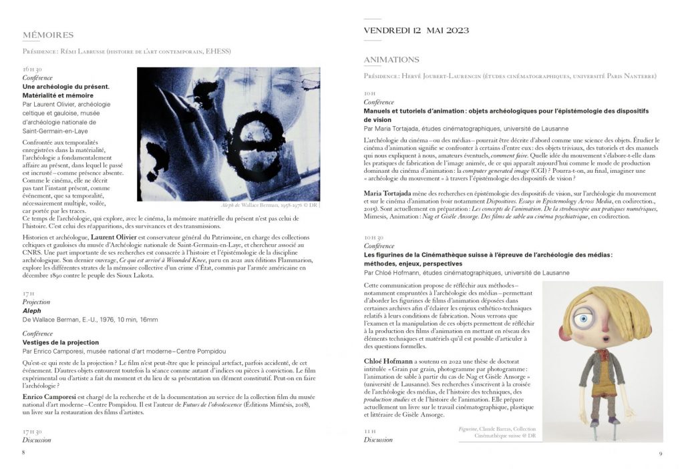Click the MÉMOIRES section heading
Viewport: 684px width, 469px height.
click(48, 35)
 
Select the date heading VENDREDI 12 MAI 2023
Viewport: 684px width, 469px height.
click(416, 31)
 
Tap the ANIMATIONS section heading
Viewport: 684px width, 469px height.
click(391, 60)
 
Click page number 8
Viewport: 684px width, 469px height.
click(23, 452)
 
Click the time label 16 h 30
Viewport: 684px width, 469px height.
click(31, 69)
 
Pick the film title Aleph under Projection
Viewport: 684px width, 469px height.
click(32, 311)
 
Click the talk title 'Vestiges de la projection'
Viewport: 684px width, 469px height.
click(61, 342)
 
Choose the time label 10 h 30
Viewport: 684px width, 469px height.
click(373, 237)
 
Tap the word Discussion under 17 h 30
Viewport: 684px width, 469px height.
click(37, 440)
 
